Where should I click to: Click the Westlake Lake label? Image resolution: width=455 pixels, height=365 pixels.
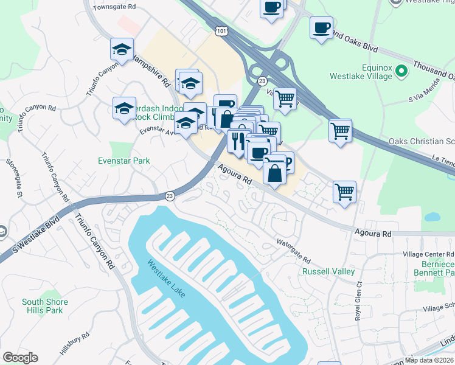(x=166, y=279)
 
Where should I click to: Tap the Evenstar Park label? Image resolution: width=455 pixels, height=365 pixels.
(x=124, y=161)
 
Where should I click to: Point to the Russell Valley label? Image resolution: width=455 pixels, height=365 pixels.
(x=328, y=271)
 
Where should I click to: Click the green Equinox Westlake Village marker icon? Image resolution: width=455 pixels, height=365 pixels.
(x=401, y=71)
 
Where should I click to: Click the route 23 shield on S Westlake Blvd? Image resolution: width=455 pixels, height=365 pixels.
(x=171, y=195)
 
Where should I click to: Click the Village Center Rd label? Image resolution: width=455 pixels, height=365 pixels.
(x=428, y=254)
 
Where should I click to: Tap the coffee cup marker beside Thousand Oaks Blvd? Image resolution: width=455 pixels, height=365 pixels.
(x=321, y=28)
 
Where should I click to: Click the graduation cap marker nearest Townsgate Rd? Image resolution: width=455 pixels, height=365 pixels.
(x=122, y=49)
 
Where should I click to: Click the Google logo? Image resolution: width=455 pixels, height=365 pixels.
(x=20, y=358)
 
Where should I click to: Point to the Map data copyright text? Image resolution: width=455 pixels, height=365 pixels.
(x=429, y=360)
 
